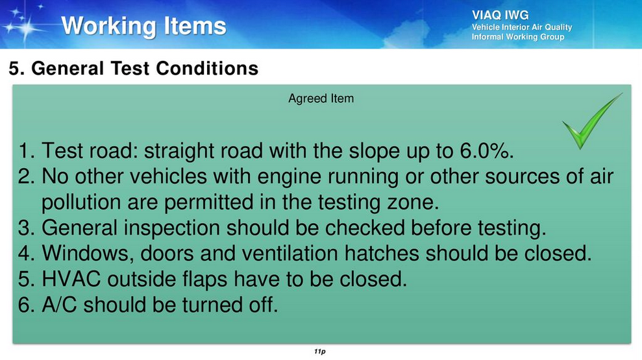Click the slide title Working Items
[x=143, y=26]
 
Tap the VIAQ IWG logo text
[x=500, y=15]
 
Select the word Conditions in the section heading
[x=207, y=68]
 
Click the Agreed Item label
[x=321, y=99]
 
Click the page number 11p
[x=320, y=352]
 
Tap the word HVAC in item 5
[x=71, y=279]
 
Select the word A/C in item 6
[x=59, y=305]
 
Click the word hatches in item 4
[x=382, y=253]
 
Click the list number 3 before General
[x=24, y=228]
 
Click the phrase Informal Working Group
[x=518, y=37]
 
